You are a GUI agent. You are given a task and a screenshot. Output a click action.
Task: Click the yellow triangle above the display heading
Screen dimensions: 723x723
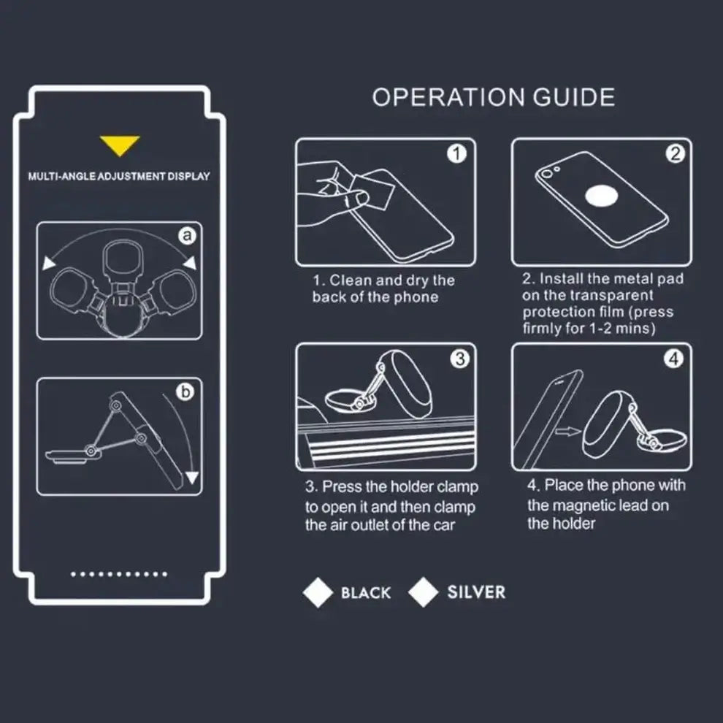pyautogui.click(x=120, y=145)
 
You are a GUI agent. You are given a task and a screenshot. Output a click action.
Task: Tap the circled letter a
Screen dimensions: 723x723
pyautogui.click(x=187, y=236)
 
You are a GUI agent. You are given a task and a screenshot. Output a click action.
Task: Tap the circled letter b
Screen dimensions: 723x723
pyautogui.click(x=185, y=391)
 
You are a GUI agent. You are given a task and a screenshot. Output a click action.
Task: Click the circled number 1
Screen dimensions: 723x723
pyautogui.click(x=456, y=153)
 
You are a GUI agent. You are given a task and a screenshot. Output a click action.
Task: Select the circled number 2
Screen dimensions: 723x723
pyautogui.click(x=675, y=153)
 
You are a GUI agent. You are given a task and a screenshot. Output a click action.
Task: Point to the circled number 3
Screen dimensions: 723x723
pyautogui.click(x=459, y=359)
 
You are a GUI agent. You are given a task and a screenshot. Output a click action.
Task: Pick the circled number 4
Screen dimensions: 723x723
pyautogui.click(x=673, y=359)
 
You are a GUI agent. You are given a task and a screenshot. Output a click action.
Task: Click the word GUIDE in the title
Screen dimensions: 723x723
pyautogui.click(x=573, y=97)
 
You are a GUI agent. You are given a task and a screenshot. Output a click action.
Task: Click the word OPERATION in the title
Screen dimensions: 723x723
pyautogui.click(x=448, y=97)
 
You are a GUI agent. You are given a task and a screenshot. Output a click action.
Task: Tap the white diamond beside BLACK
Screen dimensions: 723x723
pyautogui.click(x=318, y=592)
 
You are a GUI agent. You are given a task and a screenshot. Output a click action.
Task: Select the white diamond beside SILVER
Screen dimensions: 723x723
pyautogui.click(x=424, y=592)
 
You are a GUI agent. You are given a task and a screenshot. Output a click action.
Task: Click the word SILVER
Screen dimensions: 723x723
pyautogui.click(x=476, y=592)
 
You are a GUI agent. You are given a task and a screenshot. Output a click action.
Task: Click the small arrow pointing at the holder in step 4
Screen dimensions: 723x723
pyautogui.click(x=568, y=432)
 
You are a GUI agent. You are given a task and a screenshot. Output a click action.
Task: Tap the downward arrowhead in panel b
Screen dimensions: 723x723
pyautogui.click(x=192, y=477)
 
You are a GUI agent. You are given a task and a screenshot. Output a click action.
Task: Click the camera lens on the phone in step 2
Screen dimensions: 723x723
pyautogui.click(x=547, y=174)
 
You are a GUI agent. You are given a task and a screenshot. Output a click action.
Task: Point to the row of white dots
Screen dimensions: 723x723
pyautogui.click(x=119, y=574)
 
